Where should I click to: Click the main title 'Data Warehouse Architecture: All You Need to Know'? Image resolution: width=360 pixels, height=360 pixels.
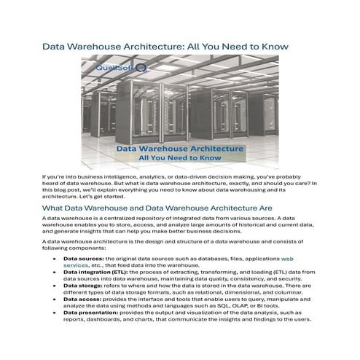coord(165,46)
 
